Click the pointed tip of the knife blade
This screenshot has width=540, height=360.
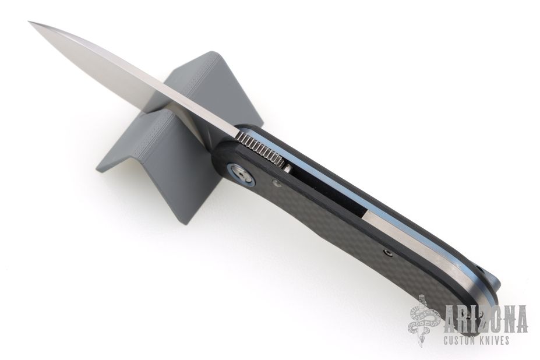pos(29,22)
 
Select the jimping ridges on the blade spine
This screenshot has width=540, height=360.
pos(261,149)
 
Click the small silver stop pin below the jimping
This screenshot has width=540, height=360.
pos(288,168)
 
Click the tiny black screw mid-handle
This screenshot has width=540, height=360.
pos(389,253)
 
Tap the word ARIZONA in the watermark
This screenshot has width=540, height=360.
pos(486,319)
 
